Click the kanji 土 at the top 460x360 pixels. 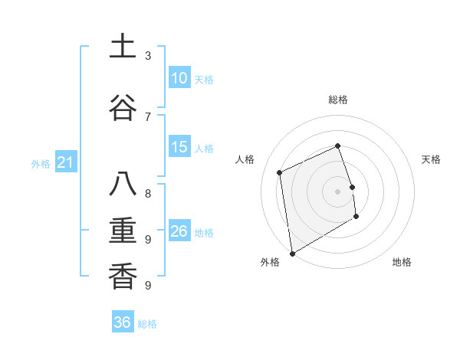click(123, 47)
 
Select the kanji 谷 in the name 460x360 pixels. click(123, 106)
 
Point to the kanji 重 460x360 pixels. click(123, 231)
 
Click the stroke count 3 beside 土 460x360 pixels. click(147, 56)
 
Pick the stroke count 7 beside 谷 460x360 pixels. click(147, 116)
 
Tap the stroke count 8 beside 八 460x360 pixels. click(147, 193)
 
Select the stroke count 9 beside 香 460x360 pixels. click(147, 286)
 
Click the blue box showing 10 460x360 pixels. click(179, 78)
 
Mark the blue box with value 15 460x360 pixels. click(179, 147)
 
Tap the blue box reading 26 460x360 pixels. click(179, 231)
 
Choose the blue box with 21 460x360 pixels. click(65, 162)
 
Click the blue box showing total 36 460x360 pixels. click(123, 322)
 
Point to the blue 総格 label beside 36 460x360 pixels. click(147, 324)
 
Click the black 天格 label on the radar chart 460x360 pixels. click(431, 159)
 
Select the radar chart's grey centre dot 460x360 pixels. click(337, 191)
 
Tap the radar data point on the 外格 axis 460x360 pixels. click(292, 253)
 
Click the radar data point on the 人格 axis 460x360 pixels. click(280, 172)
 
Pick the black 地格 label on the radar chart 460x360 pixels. click(402, 263)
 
